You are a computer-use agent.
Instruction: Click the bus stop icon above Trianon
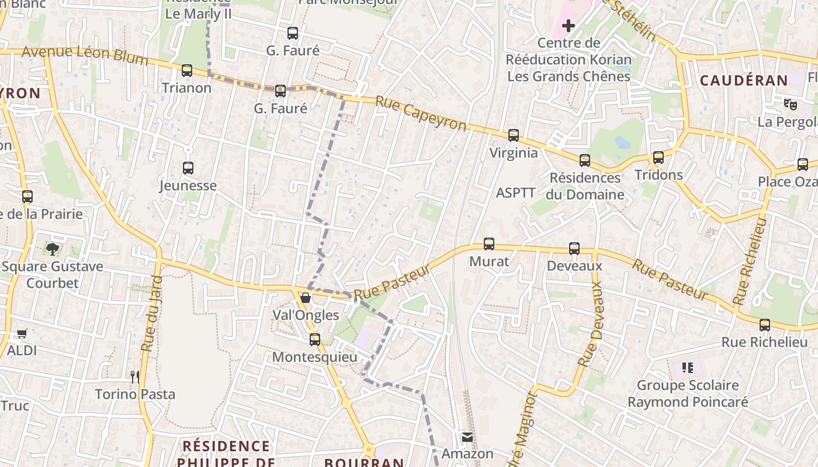tap(187, 71)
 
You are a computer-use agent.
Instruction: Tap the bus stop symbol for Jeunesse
tap(188, 168)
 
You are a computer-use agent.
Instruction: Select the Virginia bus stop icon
tap(514, 135)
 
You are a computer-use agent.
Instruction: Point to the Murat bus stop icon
tap(489, 244)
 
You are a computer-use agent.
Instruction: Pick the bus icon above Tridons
tap(658, 158)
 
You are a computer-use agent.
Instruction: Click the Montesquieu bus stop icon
tap(315, 339)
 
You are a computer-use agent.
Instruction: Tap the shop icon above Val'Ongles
tap(306, 298)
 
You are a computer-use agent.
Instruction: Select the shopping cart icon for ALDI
tap(22, 333)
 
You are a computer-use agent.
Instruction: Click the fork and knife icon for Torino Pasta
tap(135, 377)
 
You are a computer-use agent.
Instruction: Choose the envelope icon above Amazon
tap(467, 437)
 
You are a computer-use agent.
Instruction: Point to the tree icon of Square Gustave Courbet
tap(53, 249)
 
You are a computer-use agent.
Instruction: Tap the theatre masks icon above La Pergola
tap(791, 104)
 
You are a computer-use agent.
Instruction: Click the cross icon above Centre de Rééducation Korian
tap(569, 26)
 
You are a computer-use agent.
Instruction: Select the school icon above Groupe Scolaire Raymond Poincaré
tap(688, 368)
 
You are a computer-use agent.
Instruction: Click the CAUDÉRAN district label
tap(744, 81)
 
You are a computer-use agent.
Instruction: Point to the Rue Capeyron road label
tap(421, 113)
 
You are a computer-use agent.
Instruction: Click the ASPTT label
tap(515, 193)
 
